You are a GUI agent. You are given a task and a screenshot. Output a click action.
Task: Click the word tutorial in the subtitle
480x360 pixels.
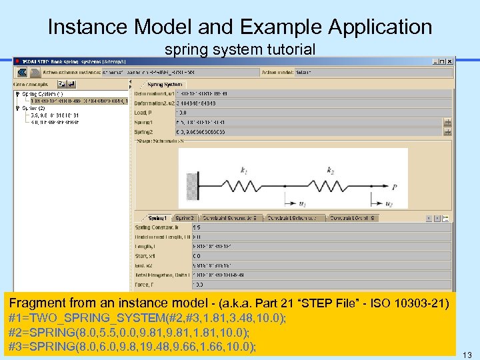pyautogui.click(x=290, y=49)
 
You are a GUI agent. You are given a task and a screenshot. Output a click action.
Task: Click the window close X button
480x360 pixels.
pyautogui.click(x=450, y=61)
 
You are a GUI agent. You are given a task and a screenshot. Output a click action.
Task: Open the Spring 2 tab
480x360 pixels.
pyautogui.click(x=185, y=218)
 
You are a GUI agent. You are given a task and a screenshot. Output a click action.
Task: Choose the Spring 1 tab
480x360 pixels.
pyautogui.click(x=157, y=218)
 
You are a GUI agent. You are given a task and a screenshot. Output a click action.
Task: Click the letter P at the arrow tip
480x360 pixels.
pyautogui.click(x=395, y=188)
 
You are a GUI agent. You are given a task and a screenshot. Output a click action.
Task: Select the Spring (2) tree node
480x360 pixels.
pyautogui.click(x=33, y=108)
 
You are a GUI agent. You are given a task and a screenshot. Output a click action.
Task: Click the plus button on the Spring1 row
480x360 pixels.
pyautogui.click(x=447, y=123)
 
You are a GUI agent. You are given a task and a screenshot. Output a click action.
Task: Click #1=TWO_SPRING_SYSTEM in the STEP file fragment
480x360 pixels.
pyautogui.click(x=67, y=319)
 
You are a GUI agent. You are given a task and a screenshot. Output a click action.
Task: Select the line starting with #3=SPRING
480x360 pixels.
pyautogui.click(x=131, y=347)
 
